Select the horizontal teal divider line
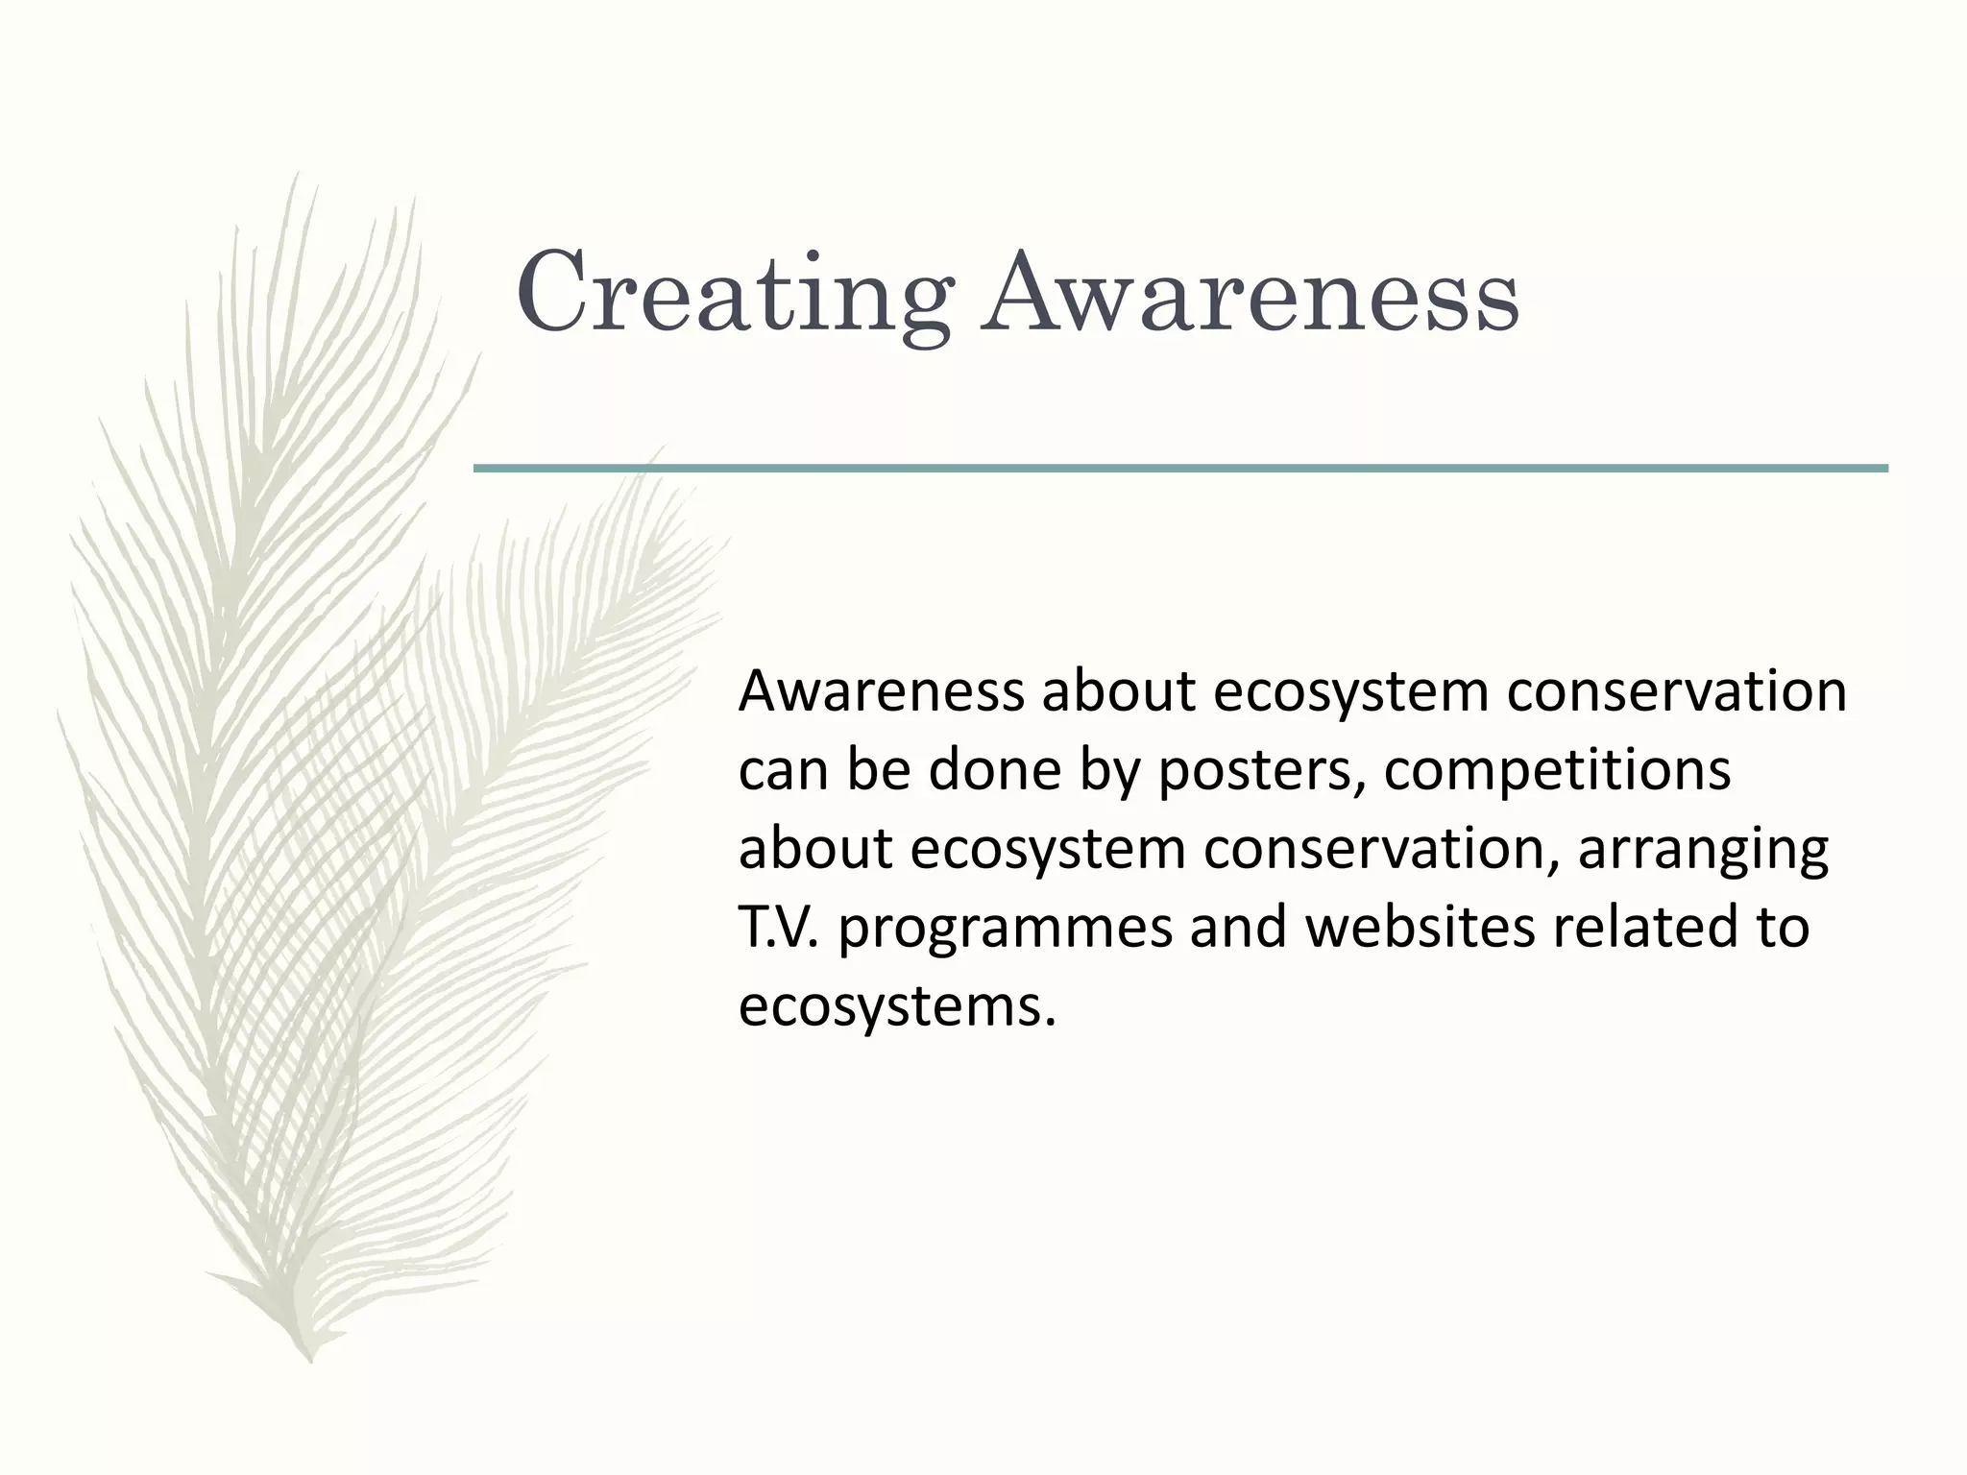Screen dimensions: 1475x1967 pyautogui.click(x=1179, y=469)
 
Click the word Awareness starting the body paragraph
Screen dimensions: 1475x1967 pyautogui.click(x=881, y=692)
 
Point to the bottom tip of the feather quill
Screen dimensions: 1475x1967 pyautogui.click(x=309, y=1359)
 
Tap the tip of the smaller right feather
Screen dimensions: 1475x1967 pyautogui.click(x=663, y=447)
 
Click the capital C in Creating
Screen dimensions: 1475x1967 pyautogui.click(x=551, y=291)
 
